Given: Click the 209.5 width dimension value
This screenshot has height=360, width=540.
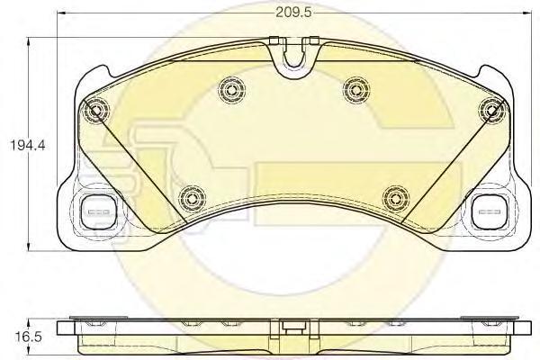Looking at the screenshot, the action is (293, 13).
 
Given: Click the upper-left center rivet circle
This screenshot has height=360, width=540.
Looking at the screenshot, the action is (232, 90).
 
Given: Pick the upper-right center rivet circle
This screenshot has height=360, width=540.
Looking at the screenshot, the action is (356, 89).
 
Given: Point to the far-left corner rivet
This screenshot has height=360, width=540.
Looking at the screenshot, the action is (95, 110).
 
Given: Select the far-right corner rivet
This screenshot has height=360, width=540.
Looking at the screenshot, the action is (491, 110).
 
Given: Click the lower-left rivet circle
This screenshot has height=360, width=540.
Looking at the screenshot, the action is (192, 198).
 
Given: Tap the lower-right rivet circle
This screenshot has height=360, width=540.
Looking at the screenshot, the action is (396, 198).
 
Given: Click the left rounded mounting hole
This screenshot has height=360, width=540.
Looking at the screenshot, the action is (99, 211).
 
